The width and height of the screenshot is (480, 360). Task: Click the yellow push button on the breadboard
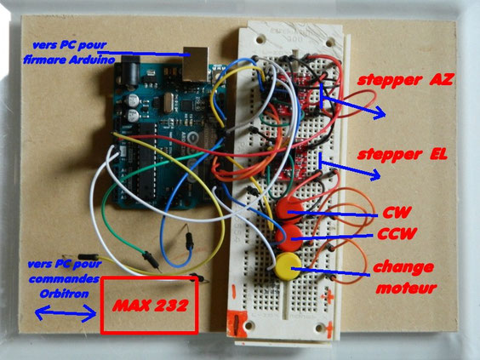[288, 266]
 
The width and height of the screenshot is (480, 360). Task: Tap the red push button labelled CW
[289, 210]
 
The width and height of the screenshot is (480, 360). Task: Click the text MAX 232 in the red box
[150, 306]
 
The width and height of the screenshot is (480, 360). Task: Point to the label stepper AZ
[405, 80]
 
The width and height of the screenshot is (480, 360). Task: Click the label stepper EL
[402, 155]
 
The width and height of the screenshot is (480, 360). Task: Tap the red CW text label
[397, 213]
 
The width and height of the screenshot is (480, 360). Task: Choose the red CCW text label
[397, 234]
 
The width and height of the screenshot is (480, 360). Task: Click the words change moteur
[404, 277]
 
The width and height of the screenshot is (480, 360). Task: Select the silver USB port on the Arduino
[196, 64]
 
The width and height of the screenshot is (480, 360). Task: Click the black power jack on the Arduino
[131, 72]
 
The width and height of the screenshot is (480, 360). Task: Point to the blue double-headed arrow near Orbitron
[66, 313]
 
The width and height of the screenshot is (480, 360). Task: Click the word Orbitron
[65, 294]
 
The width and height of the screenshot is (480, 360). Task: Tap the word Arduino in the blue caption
[92, 60]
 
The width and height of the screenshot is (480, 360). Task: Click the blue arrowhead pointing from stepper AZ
[380, 112]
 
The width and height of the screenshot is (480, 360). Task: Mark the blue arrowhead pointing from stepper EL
[374, 174]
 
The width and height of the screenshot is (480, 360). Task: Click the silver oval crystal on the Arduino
[168, 102]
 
